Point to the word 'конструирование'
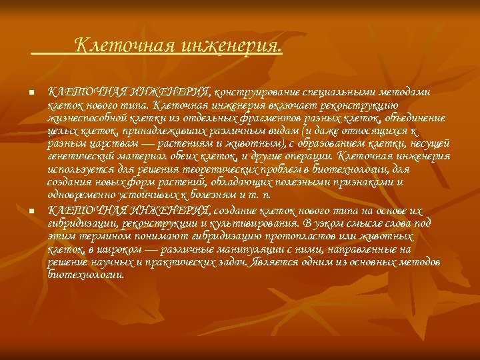coord(252,91)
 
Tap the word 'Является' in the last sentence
coord(274,262)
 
